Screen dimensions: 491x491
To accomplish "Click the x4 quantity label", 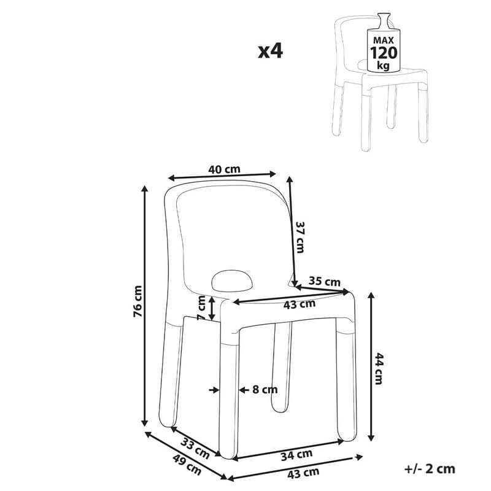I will [270, 51].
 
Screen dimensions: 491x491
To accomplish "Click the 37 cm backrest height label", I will [300, 236].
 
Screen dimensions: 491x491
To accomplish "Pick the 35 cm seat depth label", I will [324, 282].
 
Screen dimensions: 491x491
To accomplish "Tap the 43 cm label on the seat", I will [299, 303].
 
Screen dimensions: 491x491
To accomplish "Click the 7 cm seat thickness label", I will [201, 308].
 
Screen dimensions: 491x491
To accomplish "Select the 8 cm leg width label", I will [264, 389].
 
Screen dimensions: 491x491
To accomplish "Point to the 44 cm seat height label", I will [379, 368].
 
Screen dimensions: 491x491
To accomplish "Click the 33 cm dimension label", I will [195, 449].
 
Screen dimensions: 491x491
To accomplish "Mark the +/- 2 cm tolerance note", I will [430, 469].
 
